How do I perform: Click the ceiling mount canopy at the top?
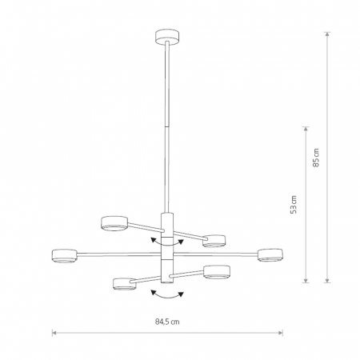tap(167, 37)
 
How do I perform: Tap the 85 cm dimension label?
tap(316, 158)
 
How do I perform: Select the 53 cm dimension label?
tap(294, 205)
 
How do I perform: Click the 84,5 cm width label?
tap(167, 322)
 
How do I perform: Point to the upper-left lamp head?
tap(114, 223)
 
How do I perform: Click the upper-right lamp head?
tap(214, 241)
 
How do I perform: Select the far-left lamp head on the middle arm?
tap(64, 256)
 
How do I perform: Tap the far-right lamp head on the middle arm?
tap(270, 255)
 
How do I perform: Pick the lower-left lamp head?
tap(125, 284)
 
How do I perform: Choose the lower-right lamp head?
tap(217, 272)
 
